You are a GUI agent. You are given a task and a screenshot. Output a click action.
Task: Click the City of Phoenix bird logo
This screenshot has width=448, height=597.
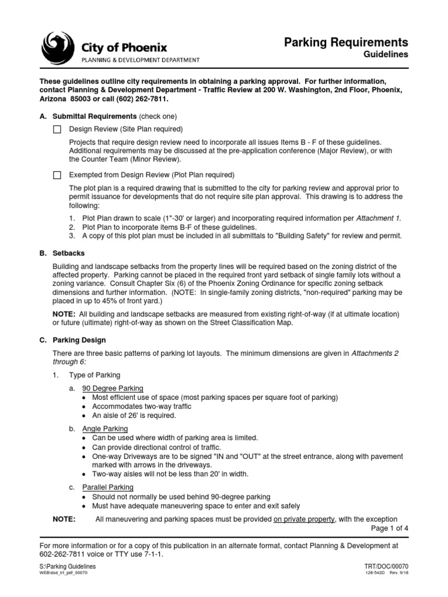[57, 48]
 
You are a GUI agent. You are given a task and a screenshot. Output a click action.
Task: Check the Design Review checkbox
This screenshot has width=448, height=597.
[57, 129]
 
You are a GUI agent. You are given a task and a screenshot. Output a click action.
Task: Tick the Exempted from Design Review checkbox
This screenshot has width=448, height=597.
[57, 175]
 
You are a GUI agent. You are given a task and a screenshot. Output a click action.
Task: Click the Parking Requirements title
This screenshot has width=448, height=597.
[346, 42]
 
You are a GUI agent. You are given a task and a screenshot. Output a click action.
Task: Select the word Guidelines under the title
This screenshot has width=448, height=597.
[386, 54]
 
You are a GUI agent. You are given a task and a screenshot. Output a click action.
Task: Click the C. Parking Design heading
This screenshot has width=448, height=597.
[72, 340]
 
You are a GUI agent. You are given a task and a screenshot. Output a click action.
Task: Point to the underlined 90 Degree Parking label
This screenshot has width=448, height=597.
[113, 388]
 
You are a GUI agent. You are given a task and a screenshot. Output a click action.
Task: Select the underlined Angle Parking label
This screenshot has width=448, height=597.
[105, 429]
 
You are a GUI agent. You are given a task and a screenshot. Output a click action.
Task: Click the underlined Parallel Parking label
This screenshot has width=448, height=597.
[108, 487]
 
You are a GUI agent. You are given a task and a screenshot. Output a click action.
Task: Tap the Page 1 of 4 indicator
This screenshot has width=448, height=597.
[390, 528]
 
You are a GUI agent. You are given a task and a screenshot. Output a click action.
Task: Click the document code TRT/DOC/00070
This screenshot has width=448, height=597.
[386, 566]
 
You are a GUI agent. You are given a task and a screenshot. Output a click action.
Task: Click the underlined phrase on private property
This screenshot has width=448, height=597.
[304, 519]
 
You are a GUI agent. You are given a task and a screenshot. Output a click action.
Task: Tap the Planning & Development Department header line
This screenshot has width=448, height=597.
[140, 59]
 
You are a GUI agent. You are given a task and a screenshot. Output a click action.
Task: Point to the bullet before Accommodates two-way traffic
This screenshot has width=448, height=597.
[86, 406]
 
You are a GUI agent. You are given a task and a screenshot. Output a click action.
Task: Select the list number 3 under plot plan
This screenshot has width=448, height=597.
[71, 236]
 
